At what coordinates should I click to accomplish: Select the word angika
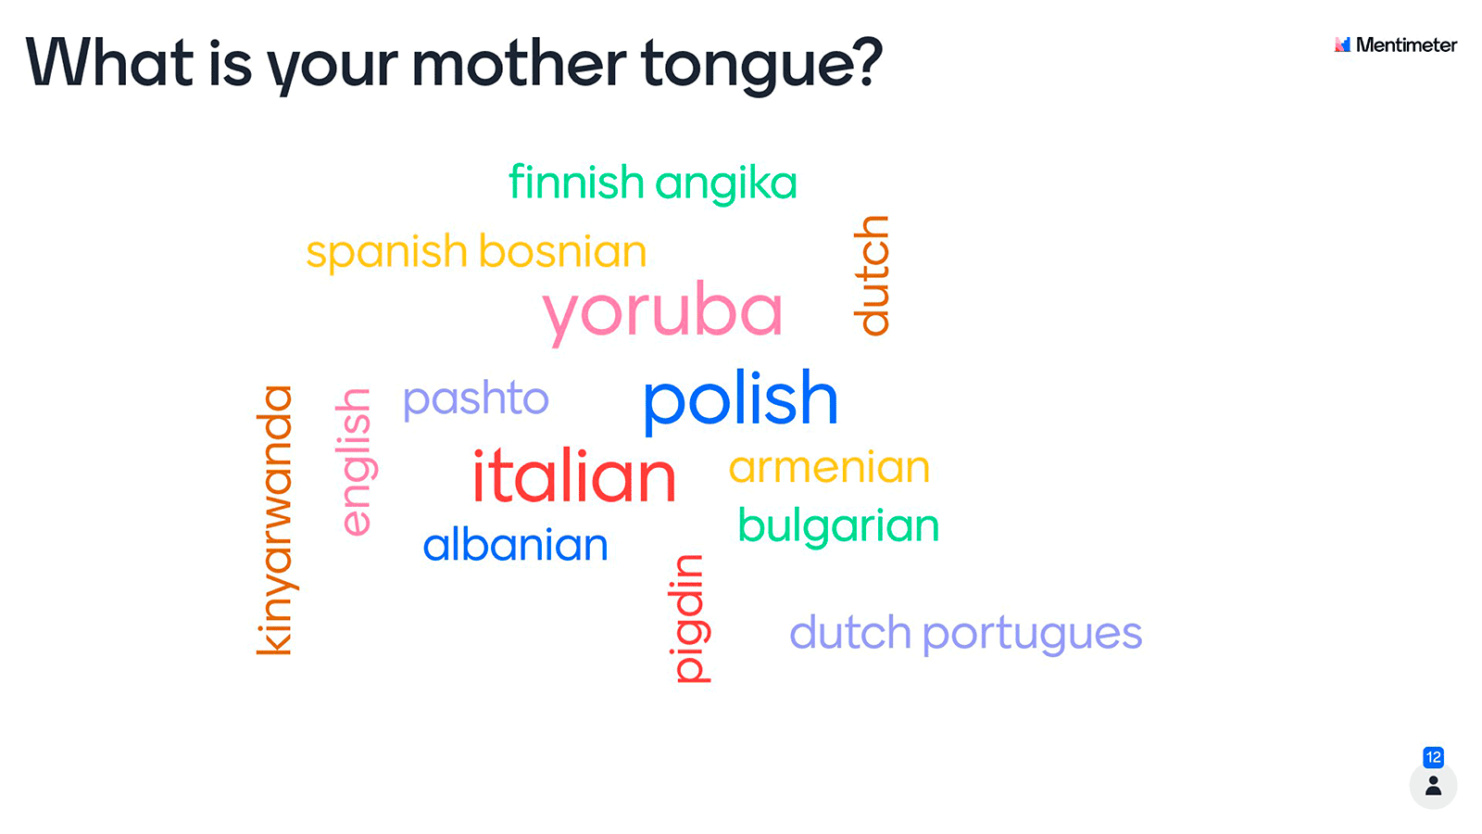click(726, 184)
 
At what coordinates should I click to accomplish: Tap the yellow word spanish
click(387, 252)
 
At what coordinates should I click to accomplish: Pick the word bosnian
click(562, 251)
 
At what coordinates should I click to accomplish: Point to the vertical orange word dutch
click(872, 275)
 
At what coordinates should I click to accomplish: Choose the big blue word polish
click(741, 399)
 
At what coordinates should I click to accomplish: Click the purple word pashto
click(476, 399)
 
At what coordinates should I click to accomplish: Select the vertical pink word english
click(356, 462)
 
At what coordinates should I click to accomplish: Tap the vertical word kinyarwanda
click(274, 520)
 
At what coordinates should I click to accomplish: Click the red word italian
click(574, 474)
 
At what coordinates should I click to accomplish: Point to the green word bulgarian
click(838, 527)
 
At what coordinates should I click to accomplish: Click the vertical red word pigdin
click(689, 618)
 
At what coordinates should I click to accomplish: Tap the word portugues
click(1033, 634)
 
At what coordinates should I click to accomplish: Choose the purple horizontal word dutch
click(851, 631)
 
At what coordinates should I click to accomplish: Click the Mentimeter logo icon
click(1342, 44)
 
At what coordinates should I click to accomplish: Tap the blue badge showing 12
click(1433, 756)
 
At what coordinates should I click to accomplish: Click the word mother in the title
click(519, 63)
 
